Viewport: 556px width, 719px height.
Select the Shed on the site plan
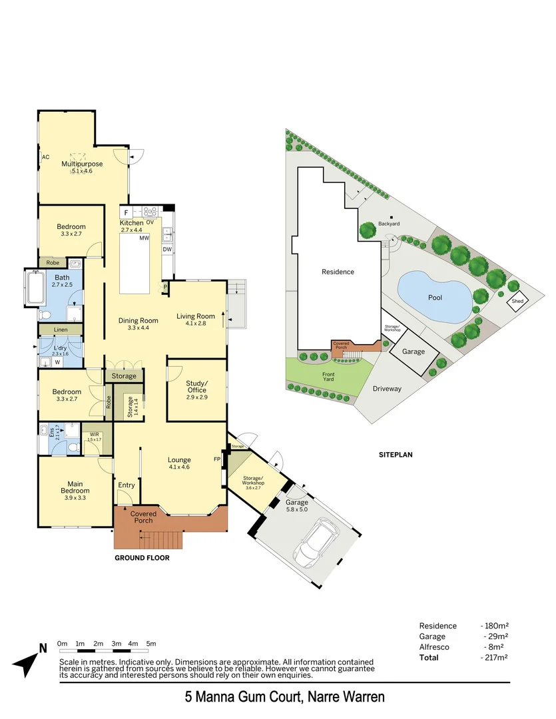pyautogui.click(x=517, y=302)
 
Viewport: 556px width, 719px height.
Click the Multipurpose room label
pyautogui.click(x=82, y=164)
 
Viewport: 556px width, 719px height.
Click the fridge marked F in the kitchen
pyautogui.click(x=127, y=212)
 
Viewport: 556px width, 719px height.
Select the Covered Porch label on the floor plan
pyautogui.click(x=143, y=517)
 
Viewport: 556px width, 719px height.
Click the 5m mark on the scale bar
pyautogui.click(x=151, y=644)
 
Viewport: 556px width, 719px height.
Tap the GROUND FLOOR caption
pyautogui.click(x=142, y=558)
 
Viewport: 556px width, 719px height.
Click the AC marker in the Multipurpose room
pyautogui.click(x=46, y=157)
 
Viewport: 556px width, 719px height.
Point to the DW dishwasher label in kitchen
pyautogui.click(x=167, y=249)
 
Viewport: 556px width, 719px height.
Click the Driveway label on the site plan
pyautogui.click(x=387, y=389)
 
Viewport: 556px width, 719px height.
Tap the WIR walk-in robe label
pyautogui.click(x=95, y=435)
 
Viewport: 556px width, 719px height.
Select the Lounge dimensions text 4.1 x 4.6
pyautogui.click(x=179, y=467)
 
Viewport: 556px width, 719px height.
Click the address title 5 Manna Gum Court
pyautogui.click(x=284, y=698)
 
